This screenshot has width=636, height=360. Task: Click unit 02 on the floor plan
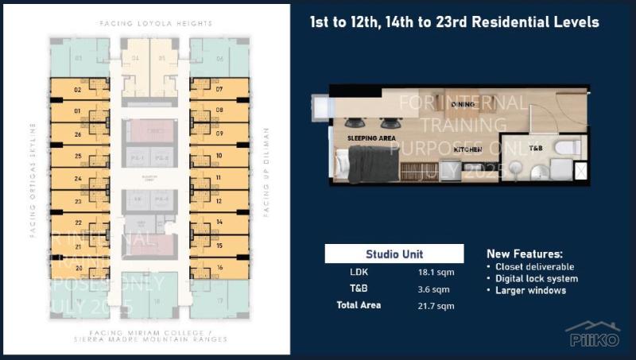78,90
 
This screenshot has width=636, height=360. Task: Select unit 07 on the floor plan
219,90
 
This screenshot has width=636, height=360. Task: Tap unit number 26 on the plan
78,134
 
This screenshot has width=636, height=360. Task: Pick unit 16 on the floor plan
219,269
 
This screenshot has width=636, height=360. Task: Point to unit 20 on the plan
78,269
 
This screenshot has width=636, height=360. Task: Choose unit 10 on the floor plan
219,157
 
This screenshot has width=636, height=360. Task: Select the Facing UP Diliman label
267,172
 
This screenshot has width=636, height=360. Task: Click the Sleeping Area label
371,138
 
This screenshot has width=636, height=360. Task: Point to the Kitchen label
468,149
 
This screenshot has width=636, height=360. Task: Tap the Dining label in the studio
463,104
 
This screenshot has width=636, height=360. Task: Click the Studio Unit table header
394,254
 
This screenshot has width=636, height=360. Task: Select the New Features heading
524,253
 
